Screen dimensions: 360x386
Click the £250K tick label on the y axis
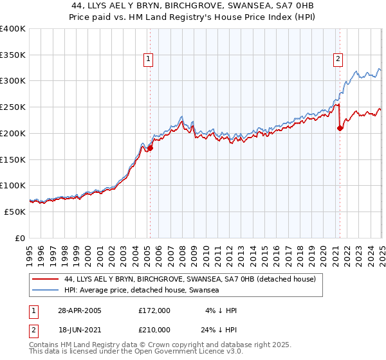pyautogui.click(x=12, y=107)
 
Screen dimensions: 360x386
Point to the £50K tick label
pyautogui.click(x=15, y=212)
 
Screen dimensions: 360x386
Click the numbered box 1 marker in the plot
pyautogui.click(x=149, y=59)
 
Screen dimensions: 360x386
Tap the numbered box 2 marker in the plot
pyautogui.click(x=338, y=59)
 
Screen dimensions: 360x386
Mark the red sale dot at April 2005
pyautogui.click(x=150, y=148)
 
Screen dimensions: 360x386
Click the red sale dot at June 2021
pyautogui.click(x=340, y=129)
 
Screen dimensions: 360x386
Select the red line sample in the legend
pyautogui.click(x=46, y=280)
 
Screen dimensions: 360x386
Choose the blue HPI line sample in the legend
pyautogui.click(x=46, y=291)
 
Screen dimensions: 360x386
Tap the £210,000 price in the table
pyautogui.click(x=154, y=329)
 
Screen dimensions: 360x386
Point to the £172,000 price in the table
pyautogui.click(x=154, y=310)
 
